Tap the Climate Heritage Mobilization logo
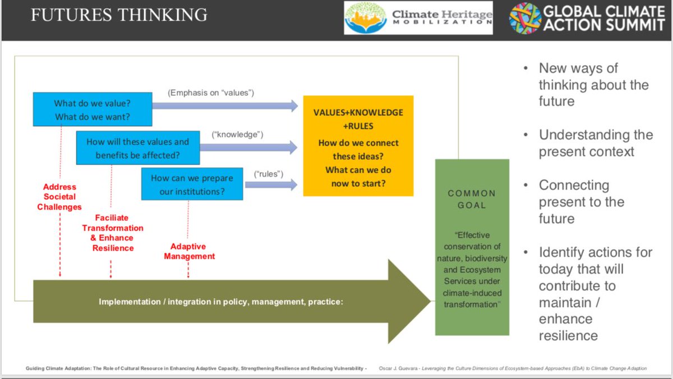tap(418, 19)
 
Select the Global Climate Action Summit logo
tap(587, 19)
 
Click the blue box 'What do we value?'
tap(92, 109)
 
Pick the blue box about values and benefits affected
tap(137, 149)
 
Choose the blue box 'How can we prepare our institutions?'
tap(192, 184)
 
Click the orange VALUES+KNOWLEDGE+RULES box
tap(358, 145)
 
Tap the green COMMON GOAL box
tap(472, 247)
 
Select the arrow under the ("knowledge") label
tap(248, 147)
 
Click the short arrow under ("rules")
tap(271, 185)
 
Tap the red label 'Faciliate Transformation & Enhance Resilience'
tap(113, 233)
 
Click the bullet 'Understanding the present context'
tap(596, 143)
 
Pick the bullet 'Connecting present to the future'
tap(581, 201)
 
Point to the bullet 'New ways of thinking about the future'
tap(593, 85)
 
